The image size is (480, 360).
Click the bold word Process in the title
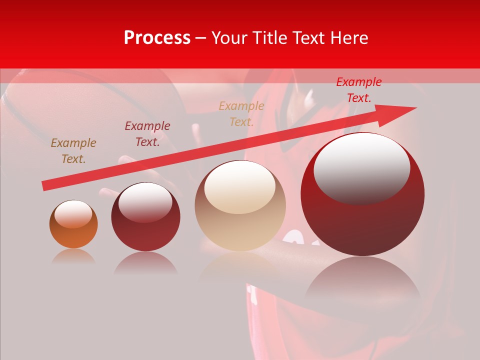tap(157, 38)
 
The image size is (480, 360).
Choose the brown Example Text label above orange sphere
tap(73, 151)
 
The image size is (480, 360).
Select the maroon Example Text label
tap(147, 134)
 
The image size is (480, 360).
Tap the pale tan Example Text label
tap(241, 113)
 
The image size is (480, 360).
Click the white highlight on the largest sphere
tap(361, 167)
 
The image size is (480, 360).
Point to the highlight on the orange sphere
tap(73, 214)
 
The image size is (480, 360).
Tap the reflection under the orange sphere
tap(73, 256)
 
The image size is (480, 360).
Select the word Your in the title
tap(229, 38)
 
